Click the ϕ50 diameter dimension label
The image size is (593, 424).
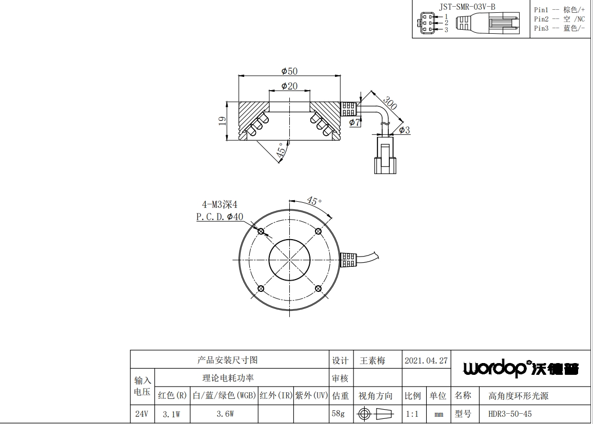point(289,71)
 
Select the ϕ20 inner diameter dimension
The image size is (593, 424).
point(289,86)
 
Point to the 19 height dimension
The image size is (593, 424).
point(223,121)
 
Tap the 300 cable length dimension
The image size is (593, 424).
point(390,103)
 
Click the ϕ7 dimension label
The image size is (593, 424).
point(355,122)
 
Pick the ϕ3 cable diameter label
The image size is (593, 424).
point(404,130)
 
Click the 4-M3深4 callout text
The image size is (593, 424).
point(220,205)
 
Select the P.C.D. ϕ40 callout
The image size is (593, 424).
point(220,217)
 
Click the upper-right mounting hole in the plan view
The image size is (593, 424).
point(319,231)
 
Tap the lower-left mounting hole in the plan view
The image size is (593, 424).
point(261,289)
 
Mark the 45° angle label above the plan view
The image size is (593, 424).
point(314,201)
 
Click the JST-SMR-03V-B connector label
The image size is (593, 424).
point(467,7)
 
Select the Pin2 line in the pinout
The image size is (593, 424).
point(559,19)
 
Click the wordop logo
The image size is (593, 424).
point(521,368)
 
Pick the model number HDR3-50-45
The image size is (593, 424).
point(510,414)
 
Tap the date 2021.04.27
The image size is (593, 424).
point(426,361)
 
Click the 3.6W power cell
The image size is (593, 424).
point(225,414)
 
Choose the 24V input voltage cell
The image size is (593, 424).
point(142,414)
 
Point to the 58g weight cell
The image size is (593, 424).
point(338,413)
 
